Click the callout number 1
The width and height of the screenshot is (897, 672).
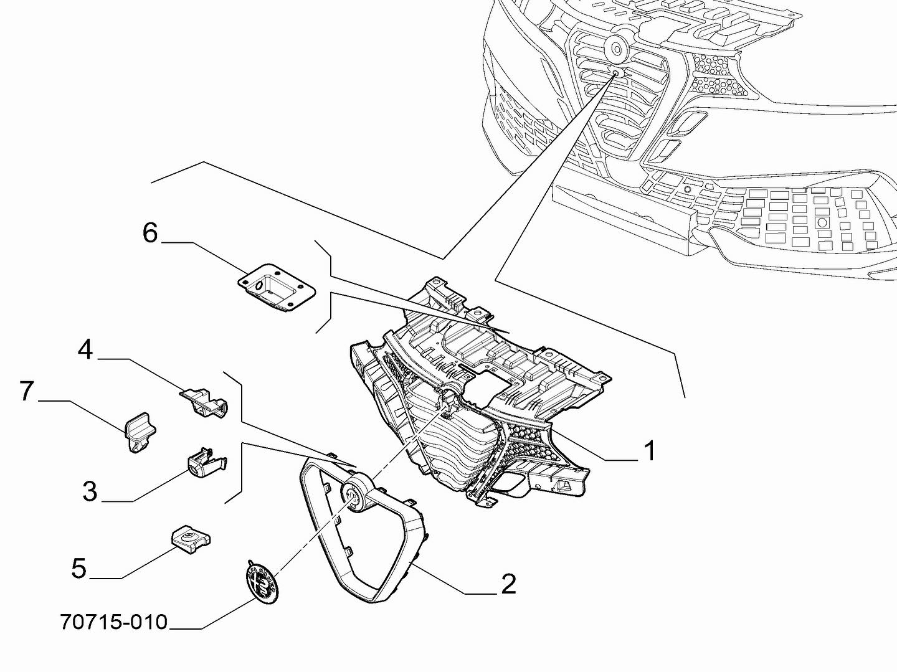pos(648,450)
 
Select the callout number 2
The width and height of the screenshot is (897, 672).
pos(509,584)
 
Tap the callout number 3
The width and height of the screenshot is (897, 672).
pos(90,491)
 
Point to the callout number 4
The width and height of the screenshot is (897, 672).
pos(86,350)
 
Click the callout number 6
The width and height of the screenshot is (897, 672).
pos(150,233)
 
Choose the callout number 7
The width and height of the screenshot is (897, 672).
pos(26,390)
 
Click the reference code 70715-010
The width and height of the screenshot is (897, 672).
pos(114,622)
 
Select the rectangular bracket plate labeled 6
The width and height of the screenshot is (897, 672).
pos(277,286)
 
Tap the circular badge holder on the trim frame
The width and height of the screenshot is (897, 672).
pos(353,493)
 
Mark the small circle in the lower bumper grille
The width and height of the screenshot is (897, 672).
pos(687,189)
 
